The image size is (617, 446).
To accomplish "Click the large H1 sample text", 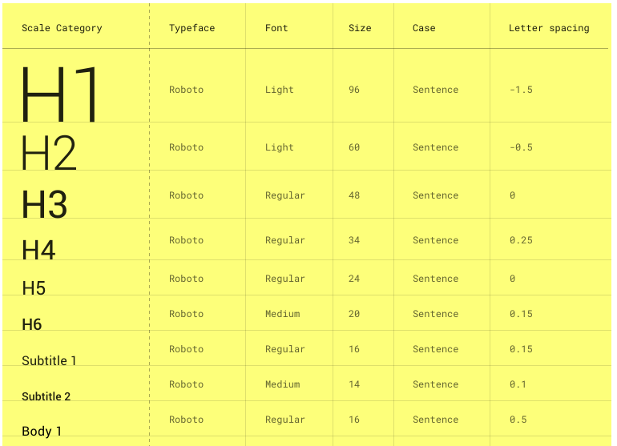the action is (x=61, y=94).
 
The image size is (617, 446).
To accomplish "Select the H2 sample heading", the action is (x=49, y=153).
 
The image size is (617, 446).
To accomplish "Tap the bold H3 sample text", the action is (x=45, y=204).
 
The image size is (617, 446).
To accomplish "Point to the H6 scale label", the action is (x=32, y=324).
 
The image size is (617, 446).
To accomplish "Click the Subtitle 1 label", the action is (x=49, y=360).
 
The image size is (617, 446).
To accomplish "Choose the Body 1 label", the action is (x=42, y=431).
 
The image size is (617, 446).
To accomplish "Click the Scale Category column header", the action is (x=62, y=28).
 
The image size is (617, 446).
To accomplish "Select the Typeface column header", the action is (x=192, y=28).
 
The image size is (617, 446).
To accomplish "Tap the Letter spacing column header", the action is (x=548, y=28).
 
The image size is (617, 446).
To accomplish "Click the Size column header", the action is (x=360, y=28).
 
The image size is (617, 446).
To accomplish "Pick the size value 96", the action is (x=354, y=90).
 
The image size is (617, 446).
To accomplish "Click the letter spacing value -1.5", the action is (x=521, y=90).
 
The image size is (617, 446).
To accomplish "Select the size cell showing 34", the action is (x=354, y=240).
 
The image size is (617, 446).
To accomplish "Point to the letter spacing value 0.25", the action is (x=521, y=240).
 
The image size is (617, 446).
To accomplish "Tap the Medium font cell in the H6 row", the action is (x=282, y=314).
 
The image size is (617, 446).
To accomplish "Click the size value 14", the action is (x=354, y=384).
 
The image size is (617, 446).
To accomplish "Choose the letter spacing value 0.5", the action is (x=518, y=420).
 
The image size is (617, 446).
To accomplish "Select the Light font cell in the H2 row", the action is (x=279, y=147).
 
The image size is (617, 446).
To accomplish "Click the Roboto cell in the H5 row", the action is (x=186, y=279).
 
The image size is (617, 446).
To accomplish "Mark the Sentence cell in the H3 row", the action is (x=435, y=195).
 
